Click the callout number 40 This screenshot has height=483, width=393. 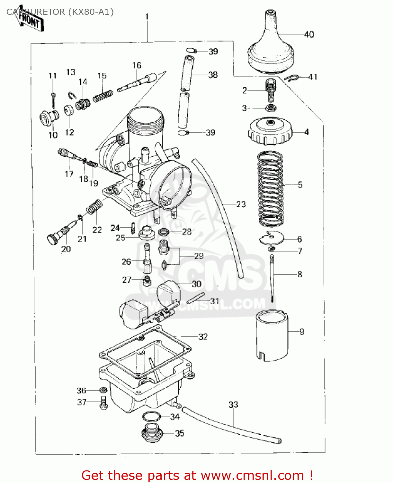coord(309,34)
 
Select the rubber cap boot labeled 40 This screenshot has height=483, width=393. coord(271,48)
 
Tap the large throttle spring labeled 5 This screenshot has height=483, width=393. coord(271,188)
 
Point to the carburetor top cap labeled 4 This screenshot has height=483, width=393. coord(270,132)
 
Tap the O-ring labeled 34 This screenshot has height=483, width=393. coord(151,416)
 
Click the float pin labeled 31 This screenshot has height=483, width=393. coord(195,298)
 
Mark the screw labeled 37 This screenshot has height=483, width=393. coord(103,402)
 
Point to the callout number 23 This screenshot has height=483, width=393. coord(241,204)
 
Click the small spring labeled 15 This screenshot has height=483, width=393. coord(103,96)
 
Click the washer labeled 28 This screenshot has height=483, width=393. coord(164,232)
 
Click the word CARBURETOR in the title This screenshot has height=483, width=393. coord(35,12)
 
